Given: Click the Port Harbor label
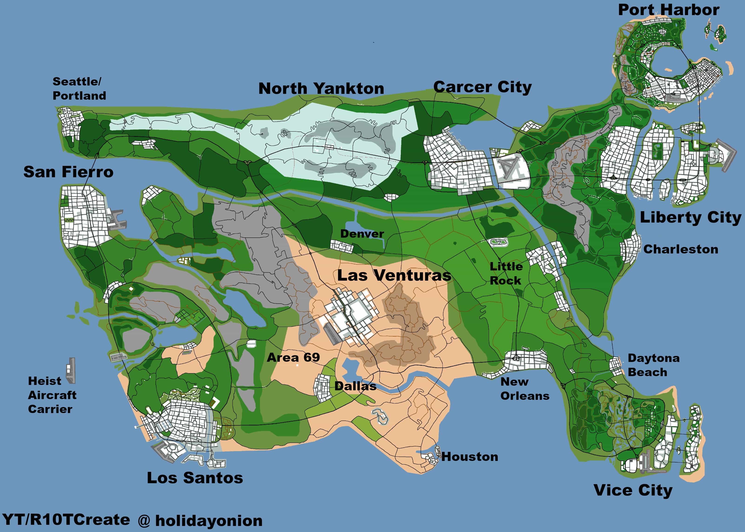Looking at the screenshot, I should (668, 10).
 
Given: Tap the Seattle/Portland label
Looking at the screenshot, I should (79, 89).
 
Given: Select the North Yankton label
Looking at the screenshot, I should (321, 89).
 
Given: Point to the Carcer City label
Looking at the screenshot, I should (482, 87).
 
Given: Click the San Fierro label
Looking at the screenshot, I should (68, 172).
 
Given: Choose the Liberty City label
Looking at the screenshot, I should (690, 217).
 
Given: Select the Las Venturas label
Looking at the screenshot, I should (394, 275).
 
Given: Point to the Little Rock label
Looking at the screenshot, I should (506, 273).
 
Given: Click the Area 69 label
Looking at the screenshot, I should (293, 357).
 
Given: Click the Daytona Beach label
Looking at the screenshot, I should (653, 365).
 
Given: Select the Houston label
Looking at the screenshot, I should (469, 457).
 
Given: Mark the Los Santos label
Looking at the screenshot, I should (195, 478).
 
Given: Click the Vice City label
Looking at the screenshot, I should (633, 490).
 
